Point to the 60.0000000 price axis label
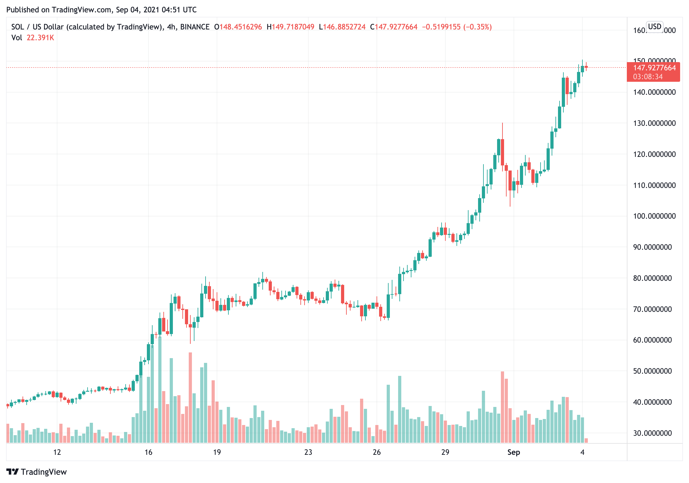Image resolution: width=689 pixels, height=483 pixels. coord(652,340)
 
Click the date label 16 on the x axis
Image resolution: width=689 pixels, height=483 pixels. coord(148,452)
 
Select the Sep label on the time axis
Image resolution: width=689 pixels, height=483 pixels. coord(514,452)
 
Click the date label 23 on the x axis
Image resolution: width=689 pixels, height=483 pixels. coord(308,452)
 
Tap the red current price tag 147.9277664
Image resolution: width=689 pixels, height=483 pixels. coord(654,68)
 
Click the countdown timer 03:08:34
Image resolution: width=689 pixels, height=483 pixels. coord(648,77)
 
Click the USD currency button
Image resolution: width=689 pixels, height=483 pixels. coord(654,27)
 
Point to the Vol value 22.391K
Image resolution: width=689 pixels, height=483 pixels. coord(40,38)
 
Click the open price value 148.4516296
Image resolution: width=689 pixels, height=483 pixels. coord(240,27)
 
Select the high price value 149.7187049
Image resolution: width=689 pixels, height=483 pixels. coord(293,27)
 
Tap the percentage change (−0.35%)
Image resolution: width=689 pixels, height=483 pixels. coord(477,27)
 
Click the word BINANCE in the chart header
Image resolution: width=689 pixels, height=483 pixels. coord(195,27)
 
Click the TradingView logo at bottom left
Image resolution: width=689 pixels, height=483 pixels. coord(36,472)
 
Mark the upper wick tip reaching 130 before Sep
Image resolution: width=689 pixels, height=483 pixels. coord(502,123)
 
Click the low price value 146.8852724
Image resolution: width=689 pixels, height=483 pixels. coord(344,27)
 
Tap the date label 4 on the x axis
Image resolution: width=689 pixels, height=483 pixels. coord(582,452)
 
